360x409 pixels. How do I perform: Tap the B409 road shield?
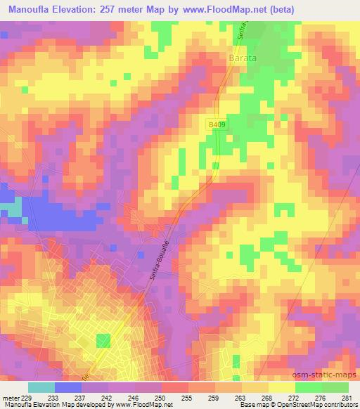(217, 124)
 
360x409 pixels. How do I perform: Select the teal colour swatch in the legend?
(40, 387)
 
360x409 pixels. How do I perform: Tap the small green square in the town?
(103, 341)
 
